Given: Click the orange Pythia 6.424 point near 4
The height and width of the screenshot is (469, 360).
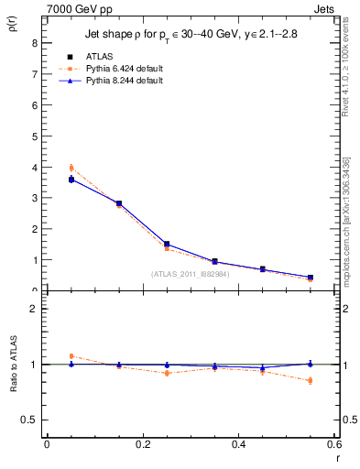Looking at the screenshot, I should point(71,168).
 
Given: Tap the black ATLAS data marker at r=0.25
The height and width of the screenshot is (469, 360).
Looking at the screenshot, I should point(166,245).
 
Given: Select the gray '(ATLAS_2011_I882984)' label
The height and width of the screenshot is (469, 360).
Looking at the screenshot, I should point(190,273).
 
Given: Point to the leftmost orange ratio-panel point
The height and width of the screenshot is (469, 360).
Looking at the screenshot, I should point(71,356).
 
